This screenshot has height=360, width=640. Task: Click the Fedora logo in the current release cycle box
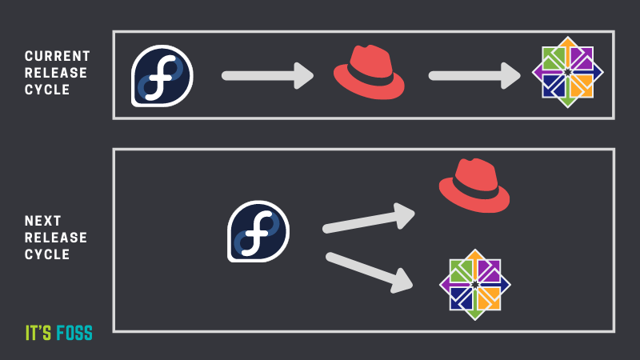point(162,76)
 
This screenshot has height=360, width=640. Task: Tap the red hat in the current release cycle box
point(369,72)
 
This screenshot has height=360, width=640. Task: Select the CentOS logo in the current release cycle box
point(568,72)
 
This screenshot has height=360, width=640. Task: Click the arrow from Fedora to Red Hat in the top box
point(268,76)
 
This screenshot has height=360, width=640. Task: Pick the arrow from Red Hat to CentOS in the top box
point(474,76)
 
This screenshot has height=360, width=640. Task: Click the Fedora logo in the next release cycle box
point(258,231)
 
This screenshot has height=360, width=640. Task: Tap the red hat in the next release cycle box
point(474,186)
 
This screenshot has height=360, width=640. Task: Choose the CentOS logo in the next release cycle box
point(475,285)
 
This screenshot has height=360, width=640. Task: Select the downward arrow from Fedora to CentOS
point(370,271)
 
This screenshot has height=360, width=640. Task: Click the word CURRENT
point(57,56)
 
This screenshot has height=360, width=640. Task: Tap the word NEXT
point(43,221)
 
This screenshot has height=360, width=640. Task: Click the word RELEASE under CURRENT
point(56,73)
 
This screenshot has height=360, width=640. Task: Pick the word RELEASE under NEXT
point(56,238)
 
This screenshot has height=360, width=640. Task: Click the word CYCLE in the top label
point(47,90)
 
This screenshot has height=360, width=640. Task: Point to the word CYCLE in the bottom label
point(47,254)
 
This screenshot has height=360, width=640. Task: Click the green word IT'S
point(38,333)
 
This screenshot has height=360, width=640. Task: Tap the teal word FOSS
point(74,333)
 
